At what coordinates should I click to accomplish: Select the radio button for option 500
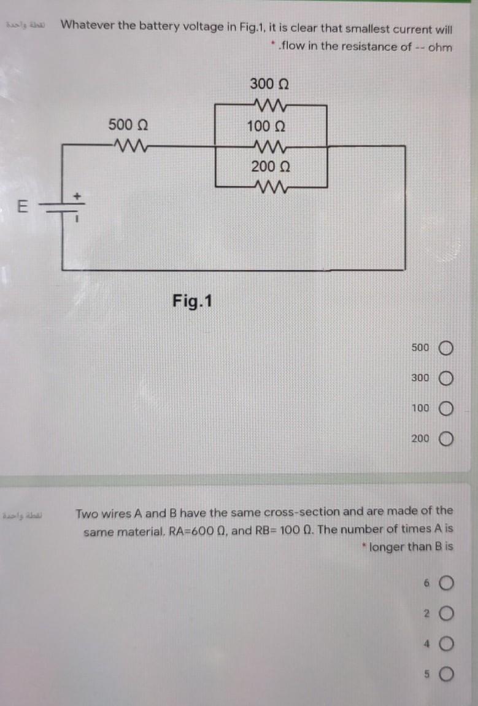[445, 348]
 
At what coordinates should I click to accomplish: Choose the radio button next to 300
[445, 378]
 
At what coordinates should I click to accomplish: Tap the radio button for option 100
[445, 408]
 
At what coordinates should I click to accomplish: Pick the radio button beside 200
[445, 439]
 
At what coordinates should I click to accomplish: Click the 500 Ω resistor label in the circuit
[128, 125]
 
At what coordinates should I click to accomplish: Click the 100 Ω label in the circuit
[266, 126]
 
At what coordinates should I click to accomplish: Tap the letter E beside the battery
[21, 207]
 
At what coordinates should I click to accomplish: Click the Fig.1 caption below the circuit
[193, 301]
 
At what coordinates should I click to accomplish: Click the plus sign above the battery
[78, 195]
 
